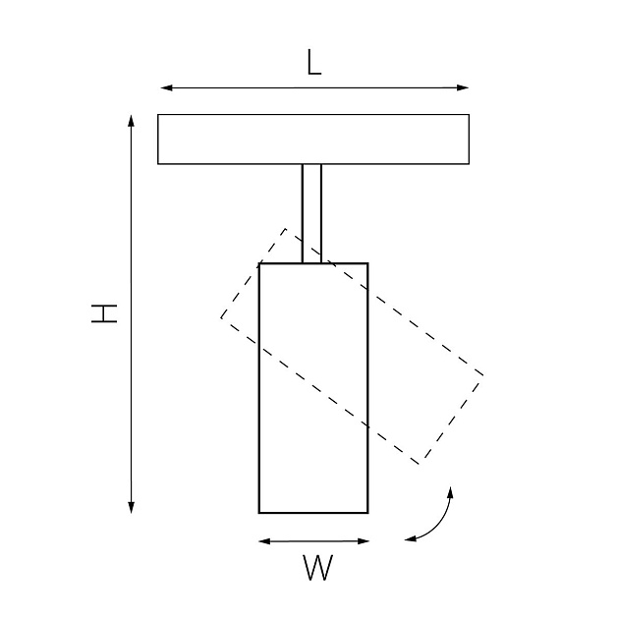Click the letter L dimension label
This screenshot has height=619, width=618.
click(314, 62)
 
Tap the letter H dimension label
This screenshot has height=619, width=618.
click(104, 313)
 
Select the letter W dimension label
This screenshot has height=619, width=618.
click(318, 568)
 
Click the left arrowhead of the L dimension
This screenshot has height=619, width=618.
click(167, 87)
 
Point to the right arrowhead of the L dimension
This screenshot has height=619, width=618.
click(463, 87)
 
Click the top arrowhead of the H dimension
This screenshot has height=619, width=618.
click(132, 121)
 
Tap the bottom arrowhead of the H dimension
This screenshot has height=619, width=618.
click(132, 507)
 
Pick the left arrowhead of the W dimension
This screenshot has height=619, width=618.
click(264, 541)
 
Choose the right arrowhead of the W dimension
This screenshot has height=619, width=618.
click(364, 541)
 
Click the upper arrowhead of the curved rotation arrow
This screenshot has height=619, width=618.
click(451, 493)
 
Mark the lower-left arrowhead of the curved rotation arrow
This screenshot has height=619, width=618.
click(411, 538)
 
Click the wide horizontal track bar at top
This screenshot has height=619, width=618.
click(313, 140)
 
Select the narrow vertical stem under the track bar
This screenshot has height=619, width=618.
click(311, 213)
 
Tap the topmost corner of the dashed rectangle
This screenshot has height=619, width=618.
click(285, 229)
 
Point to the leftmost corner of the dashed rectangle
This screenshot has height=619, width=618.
click(221, 317)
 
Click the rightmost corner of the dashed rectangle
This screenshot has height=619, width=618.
click(483, 375)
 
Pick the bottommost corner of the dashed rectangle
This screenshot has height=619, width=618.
click(420, 464)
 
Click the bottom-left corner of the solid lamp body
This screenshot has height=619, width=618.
click(259, 513)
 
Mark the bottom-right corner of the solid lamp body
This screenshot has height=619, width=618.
click(368, 513)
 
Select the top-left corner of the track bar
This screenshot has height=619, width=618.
click(158, 115)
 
